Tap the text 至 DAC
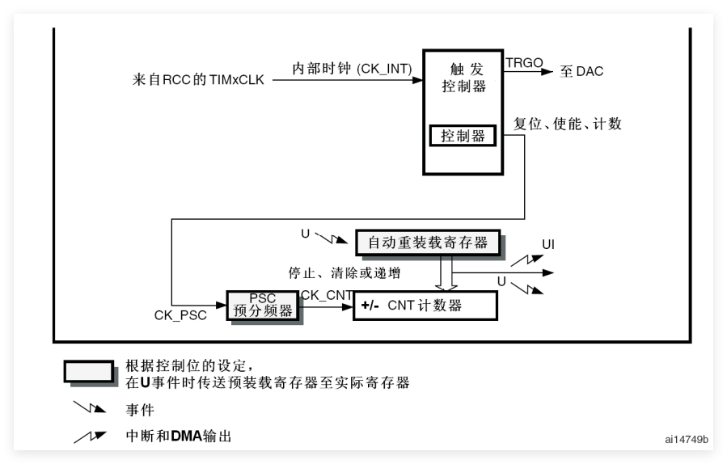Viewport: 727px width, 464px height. click(x=581, y=72)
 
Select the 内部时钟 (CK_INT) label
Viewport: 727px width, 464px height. click(x=352, y=70)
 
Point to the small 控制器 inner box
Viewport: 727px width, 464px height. click(x=463, y=137)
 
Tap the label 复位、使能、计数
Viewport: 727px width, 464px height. click(x=568, y=124)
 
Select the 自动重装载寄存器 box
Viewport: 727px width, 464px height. click(x=428, y=243)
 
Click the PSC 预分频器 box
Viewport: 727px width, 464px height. click(x=263, y=306)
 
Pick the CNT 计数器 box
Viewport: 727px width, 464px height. click(x=425, y=306)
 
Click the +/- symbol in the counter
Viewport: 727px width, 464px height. click(x=370, y=306)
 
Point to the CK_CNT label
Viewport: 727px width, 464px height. click(x=326, y=296)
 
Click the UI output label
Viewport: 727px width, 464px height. click(x=548, y=244)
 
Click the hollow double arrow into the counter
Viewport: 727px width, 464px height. click(x=444, y=273)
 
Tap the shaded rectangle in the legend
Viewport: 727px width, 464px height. click(x=89, y=371)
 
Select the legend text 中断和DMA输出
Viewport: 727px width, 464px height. click(x=179, y=437)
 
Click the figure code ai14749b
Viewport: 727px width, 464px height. click(x=687, y=440)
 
